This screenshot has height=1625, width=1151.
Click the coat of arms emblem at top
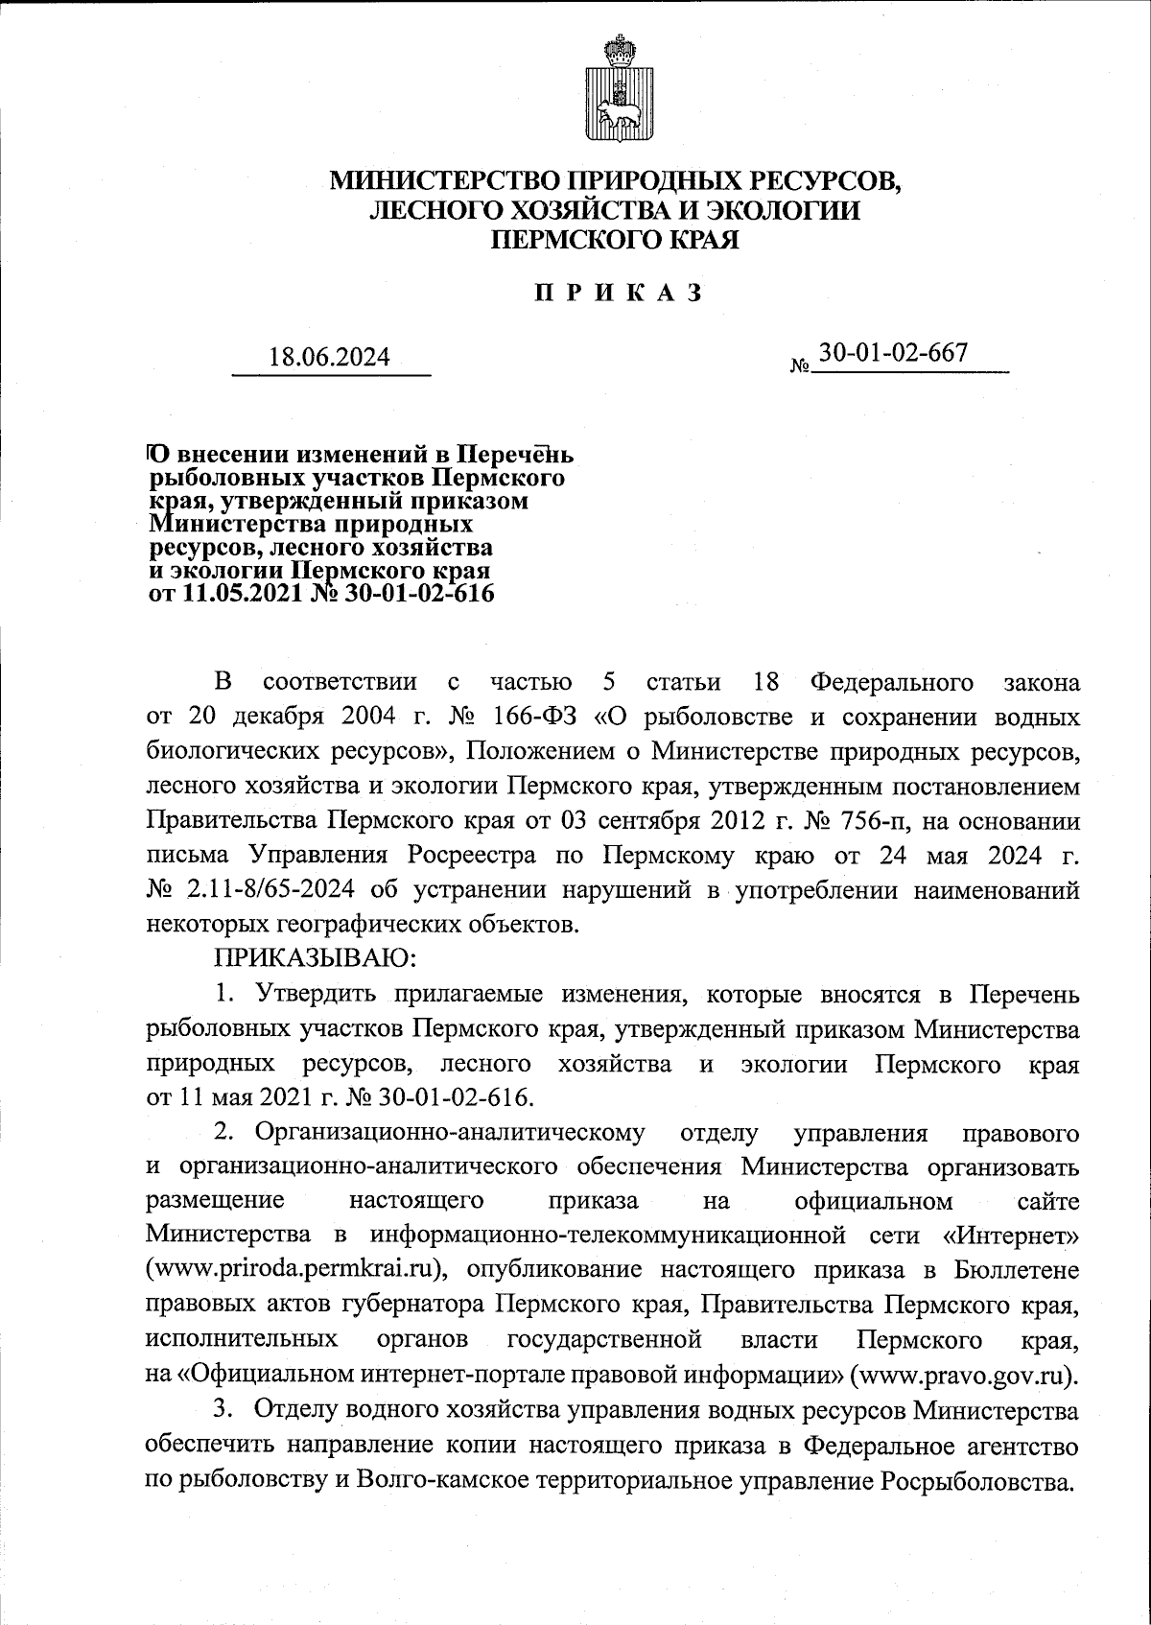615,91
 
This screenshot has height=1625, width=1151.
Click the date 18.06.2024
330,358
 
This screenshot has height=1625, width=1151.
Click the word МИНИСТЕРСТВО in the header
444,179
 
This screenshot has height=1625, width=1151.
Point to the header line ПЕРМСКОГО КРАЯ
615,240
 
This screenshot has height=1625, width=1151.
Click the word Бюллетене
1018,1271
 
